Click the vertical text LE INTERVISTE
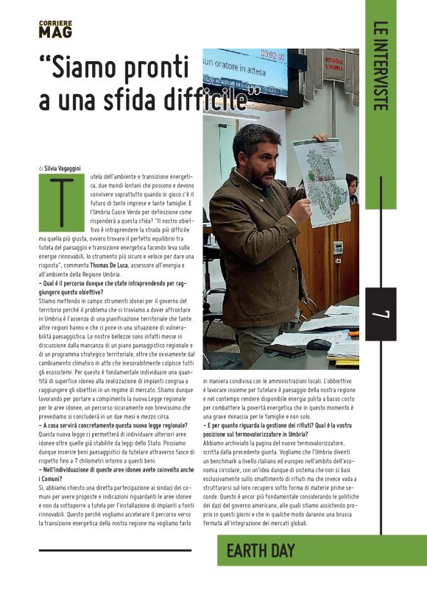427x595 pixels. click(x=380, y=65)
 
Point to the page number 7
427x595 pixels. click(x=381, y=313)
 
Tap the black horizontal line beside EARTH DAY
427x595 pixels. click(x=114, y=550)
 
